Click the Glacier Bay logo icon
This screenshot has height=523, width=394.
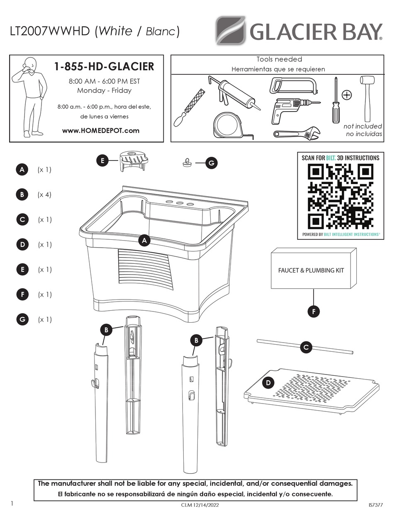pos(230,30)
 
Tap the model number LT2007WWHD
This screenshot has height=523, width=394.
pos(50,31)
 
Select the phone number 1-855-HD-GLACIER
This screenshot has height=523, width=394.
pos(104,66)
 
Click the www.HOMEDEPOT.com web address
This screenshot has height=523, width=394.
pos(101,131)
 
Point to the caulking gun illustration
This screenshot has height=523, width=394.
pos(234,93)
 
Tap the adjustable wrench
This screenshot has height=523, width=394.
pos(297,134)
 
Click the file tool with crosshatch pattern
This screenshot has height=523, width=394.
pos(190,107)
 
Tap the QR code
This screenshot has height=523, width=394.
pos(340,196)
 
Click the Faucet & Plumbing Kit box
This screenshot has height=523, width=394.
pos(314,268)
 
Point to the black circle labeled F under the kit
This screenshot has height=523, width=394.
pos(314,311)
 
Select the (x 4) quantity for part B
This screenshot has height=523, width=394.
pos(44,195)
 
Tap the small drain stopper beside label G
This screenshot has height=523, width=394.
pos(185,163)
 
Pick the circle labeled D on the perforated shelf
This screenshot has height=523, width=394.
pos(268,383)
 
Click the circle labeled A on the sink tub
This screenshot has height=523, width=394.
pos(144,241)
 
